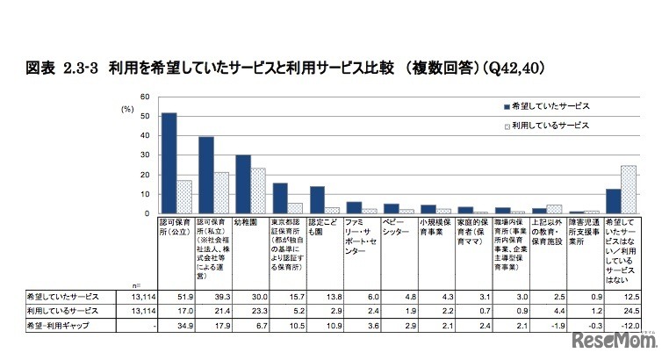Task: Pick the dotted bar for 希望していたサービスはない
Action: point(629,189)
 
